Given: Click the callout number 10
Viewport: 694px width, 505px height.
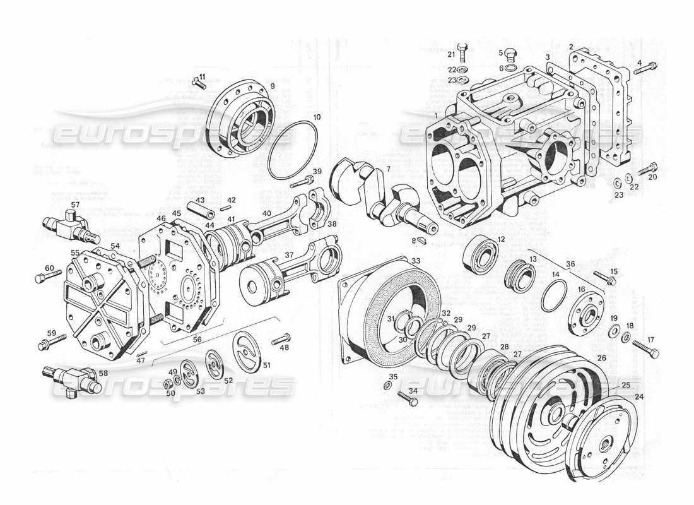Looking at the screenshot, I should pos(317,117).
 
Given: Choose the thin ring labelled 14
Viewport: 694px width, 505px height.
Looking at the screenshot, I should pos(554,294).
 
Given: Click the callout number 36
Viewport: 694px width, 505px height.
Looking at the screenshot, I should pos(570,263).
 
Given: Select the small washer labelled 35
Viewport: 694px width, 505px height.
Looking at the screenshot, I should pos(387,385).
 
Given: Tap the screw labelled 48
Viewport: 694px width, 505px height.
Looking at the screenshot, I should pos(281,340).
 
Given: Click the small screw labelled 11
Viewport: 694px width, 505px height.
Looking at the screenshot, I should pos(199,84).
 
